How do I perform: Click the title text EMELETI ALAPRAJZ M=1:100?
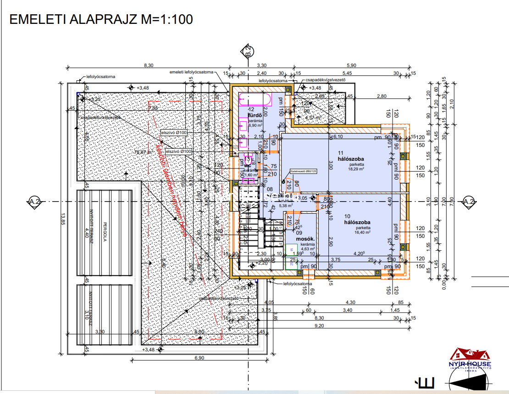click(101, 19)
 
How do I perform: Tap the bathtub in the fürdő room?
click(255, 99)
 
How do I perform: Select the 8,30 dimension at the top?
click(149, 66)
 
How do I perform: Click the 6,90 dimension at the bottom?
click(199, 357)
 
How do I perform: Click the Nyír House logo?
click(470, 360)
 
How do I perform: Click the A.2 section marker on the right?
click(468, 202)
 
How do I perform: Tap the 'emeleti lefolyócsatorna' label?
click(191, 72)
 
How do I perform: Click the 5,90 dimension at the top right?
click(351, 66)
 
